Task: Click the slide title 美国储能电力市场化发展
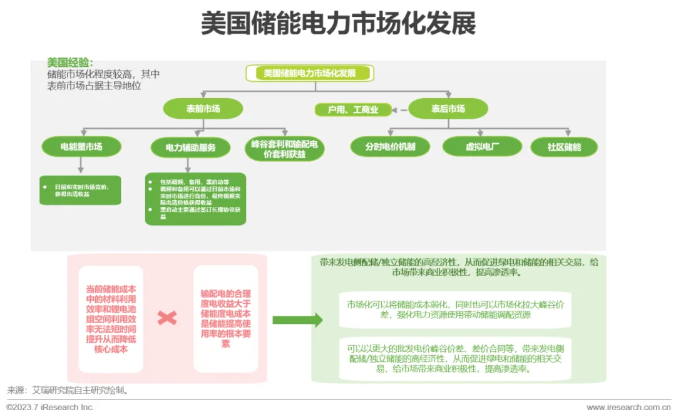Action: [338, 24]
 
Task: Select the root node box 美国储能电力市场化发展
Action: [310, 73]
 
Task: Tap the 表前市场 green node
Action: [203, 109]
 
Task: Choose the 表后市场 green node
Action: [448, 109]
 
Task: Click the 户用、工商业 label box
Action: [353, 110]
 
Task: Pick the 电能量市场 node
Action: [81, 147]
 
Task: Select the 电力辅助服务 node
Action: [190, 148]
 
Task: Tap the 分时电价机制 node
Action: [390, 147]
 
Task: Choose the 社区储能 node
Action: [564, 147]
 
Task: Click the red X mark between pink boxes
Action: [167, 318]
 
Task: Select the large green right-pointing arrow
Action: [297, 320]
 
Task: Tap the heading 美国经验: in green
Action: [70, 63]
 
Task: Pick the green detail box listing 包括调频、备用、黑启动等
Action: [195, 199]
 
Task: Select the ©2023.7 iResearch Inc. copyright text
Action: [50, 407]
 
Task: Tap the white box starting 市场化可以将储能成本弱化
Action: [455, 310]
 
